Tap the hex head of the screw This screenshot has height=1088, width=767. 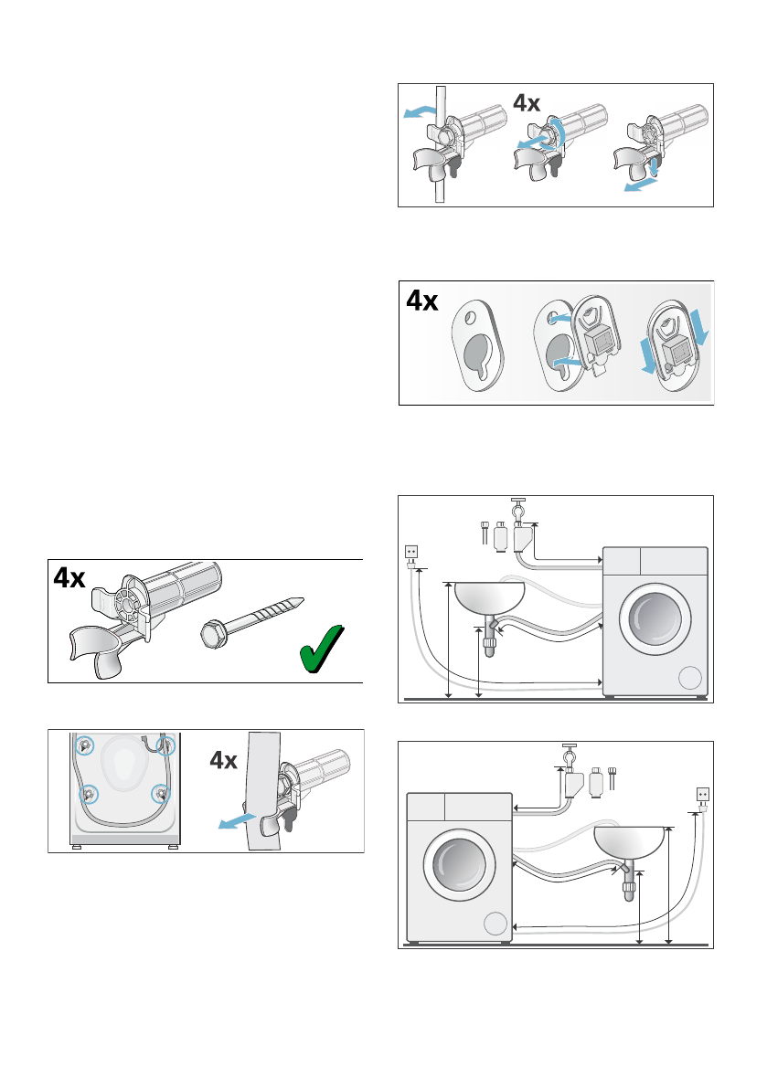(x=213, y=632)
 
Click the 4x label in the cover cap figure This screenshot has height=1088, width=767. (x=421, y=302)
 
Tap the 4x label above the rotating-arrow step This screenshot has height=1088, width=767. (x=527, y=104)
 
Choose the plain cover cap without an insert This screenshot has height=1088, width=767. (x=478, y=343)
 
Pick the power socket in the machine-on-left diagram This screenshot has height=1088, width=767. (x=703, y=794)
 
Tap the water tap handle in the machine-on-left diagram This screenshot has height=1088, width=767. (x=567, y=747)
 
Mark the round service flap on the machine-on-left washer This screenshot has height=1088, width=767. (x=495, y=923)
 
